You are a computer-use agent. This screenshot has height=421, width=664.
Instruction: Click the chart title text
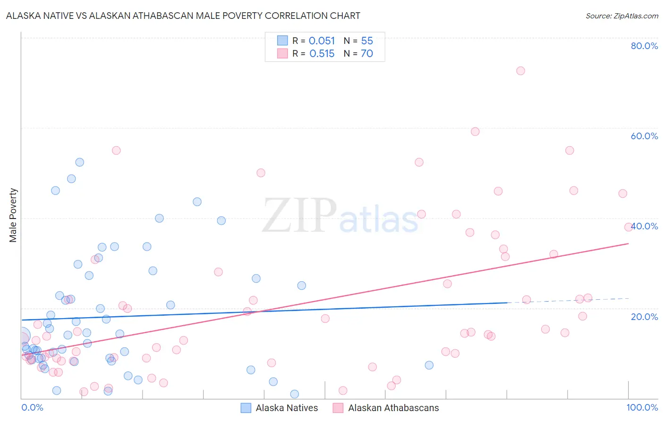tap(183, 16)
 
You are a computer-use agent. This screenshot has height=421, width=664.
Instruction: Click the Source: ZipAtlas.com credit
tap(621, 16)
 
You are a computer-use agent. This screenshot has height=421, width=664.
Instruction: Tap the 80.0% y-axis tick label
tap(644, 46)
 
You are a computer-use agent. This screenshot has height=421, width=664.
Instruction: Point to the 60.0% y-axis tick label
tap(644, 136)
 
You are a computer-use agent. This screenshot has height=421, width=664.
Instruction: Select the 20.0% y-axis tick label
tap(644, 317)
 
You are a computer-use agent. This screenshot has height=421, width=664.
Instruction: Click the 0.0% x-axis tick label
tap(32, 407)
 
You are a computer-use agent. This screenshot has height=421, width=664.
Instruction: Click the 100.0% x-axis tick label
tap(642, 407)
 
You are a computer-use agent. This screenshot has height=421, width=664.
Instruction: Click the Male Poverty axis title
tap(13, 215)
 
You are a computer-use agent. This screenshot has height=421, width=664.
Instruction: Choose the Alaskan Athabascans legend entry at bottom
tap(386, 408)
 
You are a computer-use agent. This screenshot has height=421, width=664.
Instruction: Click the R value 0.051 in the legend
tap(322, 41)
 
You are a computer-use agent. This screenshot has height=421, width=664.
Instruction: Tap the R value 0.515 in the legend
tap(322, 54)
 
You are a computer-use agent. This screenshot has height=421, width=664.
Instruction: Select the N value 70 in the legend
tap(367, 54)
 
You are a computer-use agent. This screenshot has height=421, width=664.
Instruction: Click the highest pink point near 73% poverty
tap(520, 71)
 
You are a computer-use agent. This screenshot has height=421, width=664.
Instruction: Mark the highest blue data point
tap(80, 162)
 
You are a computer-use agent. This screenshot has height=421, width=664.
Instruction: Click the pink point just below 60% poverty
tap(475, 132)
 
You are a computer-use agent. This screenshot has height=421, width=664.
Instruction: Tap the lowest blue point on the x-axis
tap(295, 394)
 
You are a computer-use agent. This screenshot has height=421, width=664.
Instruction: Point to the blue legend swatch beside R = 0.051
tap(282, 41)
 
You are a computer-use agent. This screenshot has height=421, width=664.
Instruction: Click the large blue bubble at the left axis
tap(22, 336)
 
